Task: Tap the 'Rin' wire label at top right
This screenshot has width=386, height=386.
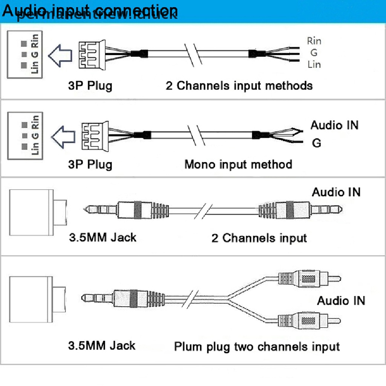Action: (314, 41)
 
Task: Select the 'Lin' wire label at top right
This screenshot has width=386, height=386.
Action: (314, 64)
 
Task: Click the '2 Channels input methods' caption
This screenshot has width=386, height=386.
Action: (239, 86)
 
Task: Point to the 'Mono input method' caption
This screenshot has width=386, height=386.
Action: (238, 164)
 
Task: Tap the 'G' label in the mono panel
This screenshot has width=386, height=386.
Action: (317, 143)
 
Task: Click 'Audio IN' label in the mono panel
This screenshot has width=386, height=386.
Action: (334, 125)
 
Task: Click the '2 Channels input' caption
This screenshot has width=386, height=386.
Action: (259, 238)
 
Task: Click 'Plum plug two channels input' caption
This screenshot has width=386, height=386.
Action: (257, 346)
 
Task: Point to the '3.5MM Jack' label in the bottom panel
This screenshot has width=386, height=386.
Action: (102, 345)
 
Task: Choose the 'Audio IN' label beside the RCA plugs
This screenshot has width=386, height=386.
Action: (341, 300)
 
